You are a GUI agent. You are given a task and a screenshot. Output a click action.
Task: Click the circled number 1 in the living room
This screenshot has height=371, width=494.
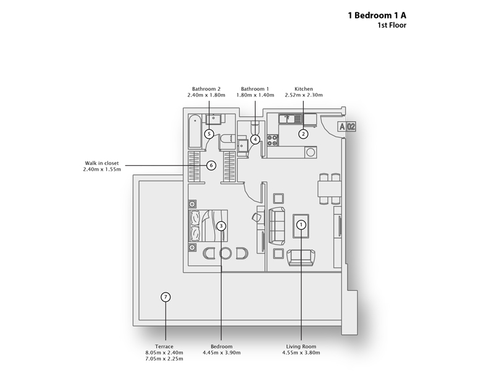pos(301,225)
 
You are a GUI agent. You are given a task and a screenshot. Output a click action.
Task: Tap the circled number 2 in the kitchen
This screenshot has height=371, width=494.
pos(303,133)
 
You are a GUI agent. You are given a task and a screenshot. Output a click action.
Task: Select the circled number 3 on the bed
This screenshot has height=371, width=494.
pos(222,226)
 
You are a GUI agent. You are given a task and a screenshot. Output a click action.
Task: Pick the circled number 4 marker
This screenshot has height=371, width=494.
pos(255,139)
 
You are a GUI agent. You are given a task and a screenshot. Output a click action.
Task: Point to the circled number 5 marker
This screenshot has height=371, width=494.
pos(209,134)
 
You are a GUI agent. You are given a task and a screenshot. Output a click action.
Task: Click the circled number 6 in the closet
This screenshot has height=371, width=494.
pos(211,165)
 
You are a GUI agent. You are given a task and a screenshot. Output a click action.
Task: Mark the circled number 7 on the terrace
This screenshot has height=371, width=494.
pos(165,297)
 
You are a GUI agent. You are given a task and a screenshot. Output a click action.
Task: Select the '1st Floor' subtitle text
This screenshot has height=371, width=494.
pos(391,26)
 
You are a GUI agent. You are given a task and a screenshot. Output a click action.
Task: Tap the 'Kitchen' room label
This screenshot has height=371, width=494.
pos(304,89)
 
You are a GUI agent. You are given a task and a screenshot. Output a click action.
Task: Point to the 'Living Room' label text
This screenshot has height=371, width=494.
pos(301,346)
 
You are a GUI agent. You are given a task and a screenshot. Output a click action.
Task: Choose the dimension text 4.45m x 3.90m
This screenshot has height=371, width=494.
pos(221,353)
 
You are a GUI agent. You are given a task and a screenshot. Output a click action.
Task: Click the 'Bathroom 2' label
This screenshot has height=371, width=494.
pos(206,89)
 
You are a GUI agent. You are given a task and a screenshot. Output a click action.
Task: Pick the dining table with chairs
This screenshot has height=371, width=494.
pos(327,188)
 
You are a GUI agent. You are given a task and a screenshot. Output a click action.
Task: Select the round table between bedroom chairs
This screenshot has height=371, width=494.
pos(225,253)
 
